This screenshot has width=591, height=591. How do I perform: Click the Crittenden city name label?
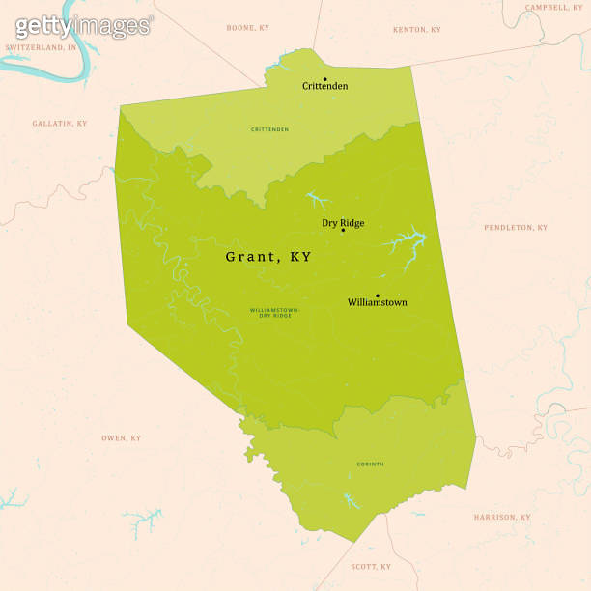pos(324,86)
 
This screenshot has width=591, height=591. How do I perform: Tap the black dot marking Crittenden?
pos(325,78)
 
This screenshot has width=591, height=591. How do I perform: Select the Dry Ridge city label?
pos(343,223)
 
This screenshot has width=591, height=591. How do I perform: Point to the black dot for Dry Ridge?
pos(343,231)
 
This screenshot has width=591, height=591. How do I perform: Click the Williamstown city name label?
pos(377,302)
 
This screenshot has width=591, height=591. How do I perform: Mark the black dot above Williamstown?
pos(378,295)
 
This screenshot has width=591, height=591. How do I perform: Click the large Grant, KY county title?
pos(268,257)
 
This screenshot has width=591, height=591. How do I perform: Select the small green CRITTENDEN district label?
pos(269,129)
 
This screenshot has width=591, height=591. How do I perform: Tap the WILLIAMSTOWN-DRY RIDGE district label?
pos(275,312)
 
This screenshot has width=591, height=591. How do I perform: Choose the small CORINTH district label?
pos(370,464)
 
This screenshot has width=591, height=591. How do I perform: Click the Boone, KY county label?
pos(248,28)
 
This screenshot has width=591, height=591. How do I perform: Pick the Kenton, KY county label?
pos(417,30)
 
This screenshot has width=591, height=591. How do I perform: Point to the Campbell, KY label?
pos(554,8)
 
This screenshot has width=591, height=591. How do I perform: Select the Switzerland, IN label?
pos(41,46)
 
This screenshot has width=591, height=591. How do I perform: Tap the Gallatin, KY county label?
pos(59,124)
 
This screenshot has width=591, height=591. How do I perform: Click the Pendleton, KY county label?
pos(515,228)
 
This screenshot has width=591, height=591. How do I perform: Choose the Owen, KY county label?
pos(121,438)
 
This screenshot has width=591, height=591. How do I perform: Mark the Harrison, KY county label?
pos(501,518)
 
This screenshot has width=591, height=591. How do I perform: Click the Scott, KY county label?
pos(371,567)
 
